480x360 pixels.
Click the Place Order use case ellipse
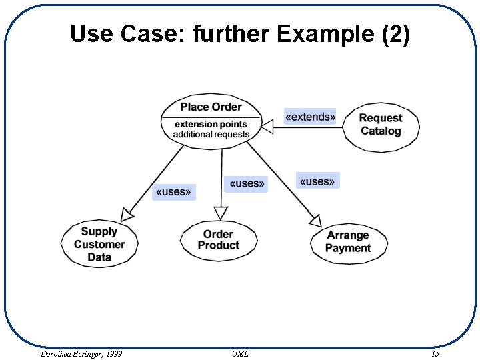[211, 120]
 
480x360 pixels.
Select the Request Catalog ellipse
[381, 125]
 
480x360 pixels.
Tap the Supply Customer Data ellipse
[99, 244]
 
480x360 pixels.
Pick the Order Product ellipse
[219, 240]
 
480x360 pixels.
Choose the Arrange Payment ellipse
[348, 242]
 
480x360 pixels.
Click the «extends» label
[310, 117]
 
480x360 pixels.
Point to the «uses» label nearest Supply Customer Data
[173, 192]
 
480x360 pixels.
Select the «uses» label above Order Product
[247, 183]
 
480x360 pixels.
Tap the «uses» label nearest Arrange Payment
[317, 181]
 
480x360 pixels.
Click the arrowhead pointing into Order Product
[221, 213]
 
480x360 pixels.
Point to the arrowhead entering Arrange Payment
[315, 219]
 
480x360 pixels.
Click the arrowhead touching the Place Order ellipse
[267, 127]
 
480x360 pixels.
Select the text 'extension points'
[211, 124]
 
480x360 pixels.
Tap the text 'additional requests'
[211, 134]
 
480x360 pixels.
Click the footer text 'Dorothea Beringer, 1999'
[81, 353]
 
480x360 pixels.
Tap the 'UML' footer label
[240, 353]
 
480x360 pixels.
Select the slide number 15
[435, 353]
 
